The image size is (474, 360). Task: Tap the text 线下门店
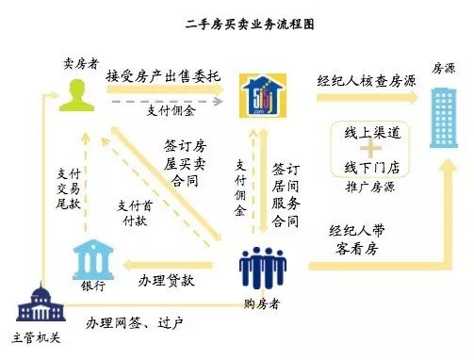(374, 168)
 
